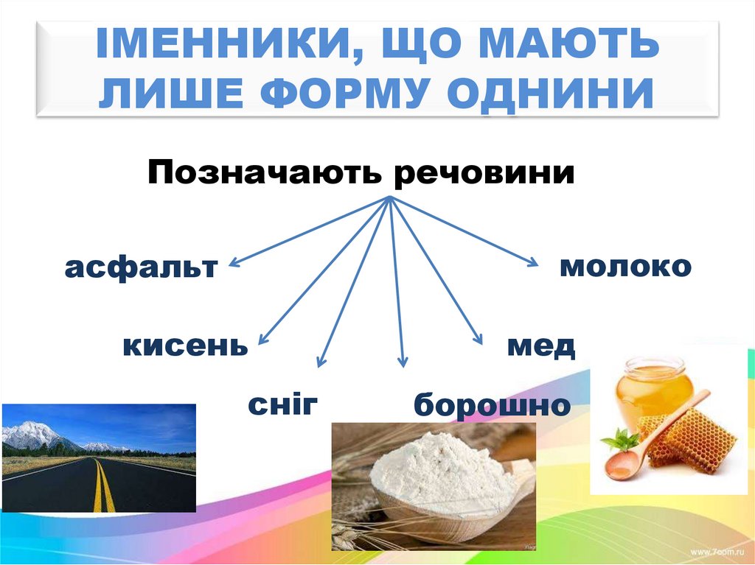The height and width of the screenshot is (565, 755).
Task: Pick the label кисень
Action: (x=185, y=345)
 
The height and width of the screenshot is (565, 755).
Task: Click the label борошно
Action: (x=492, y=406)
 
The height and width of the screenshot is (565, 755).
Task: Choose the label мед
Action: (x=540, y=345)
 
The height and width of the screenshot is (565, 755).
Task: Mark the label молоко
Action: (x=625, y=266)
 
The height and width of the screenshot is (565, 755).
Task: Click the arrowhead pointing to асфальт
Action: (x=232, y=263)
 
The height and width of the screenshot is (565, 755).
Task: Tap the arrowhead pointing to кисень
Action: (x=261, y=340)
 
